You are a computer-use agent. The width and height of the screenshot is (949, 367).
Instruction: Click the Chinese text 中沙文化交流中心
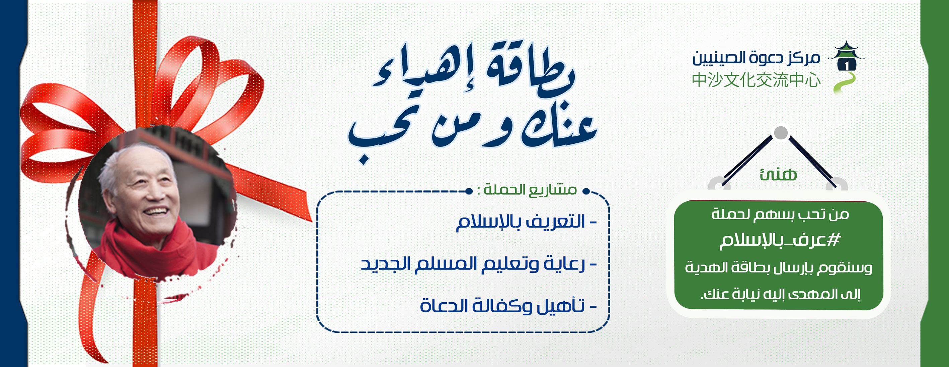756,80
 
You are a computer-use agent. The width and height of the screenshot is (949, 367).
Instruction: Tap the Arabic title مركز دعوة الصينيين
756,58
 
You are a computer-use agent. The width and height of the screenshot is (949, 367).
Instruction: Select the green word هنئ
778,174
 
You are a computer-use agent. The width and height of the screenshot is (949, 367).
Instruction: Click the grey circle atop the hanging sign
781,133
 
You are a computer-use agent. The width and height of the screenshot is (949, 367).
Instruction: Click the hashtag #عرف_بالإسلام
780,241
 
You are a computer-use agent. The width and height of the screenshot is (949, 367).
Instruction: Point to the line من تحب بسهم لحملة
780,214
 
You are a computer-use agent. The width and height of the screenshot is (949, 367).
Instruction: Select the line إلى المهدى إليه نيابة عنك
780,294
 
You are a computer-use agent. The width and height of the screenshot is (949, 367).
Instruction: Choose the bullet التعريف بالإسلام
526,223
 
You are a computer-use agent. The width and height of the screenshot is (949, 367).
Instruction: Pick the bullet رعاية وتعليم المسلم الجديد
478,264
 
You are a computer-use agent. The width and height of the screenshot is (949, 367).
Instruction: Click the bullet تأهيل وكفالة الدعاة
508,306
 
